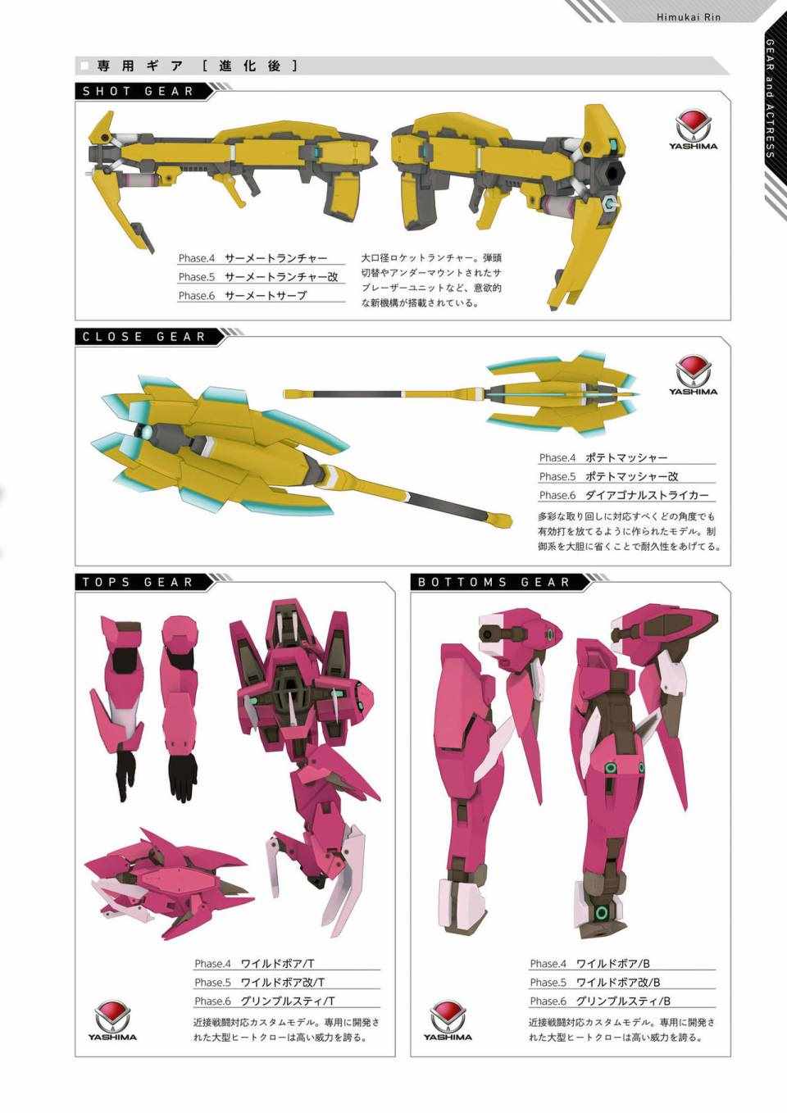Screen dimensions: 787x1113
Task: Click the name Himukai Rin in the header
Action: (688, 17)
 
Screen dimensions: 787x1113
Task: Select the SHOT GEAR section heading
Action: (138, 92)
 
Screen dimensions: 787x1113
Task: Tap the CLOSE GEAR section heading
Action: (144, 337)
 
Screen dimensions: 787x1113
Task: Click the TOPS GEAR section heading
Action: (138, 582)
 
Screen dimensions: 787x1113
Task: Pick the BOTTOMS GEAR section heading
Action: (494, 582)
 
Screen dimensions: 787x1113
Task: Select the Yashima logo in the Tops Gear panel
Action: (113, 1020)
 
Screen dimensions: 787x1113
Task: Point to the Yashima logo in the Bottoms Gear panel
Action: (448, 1020)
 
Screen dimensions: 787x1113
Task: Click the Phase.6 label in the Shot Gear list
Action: (197, 296)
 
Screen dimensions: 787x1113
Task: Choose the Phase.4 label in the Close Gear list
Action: (557, 457)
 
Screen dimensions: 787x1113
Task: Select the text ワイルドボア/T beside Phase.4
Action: (277, 964)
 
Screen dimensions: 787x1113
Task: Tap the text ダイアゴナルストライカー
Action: (647, 495)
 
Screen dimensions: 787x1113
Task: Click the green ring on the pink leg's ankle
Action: (603, 913)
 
